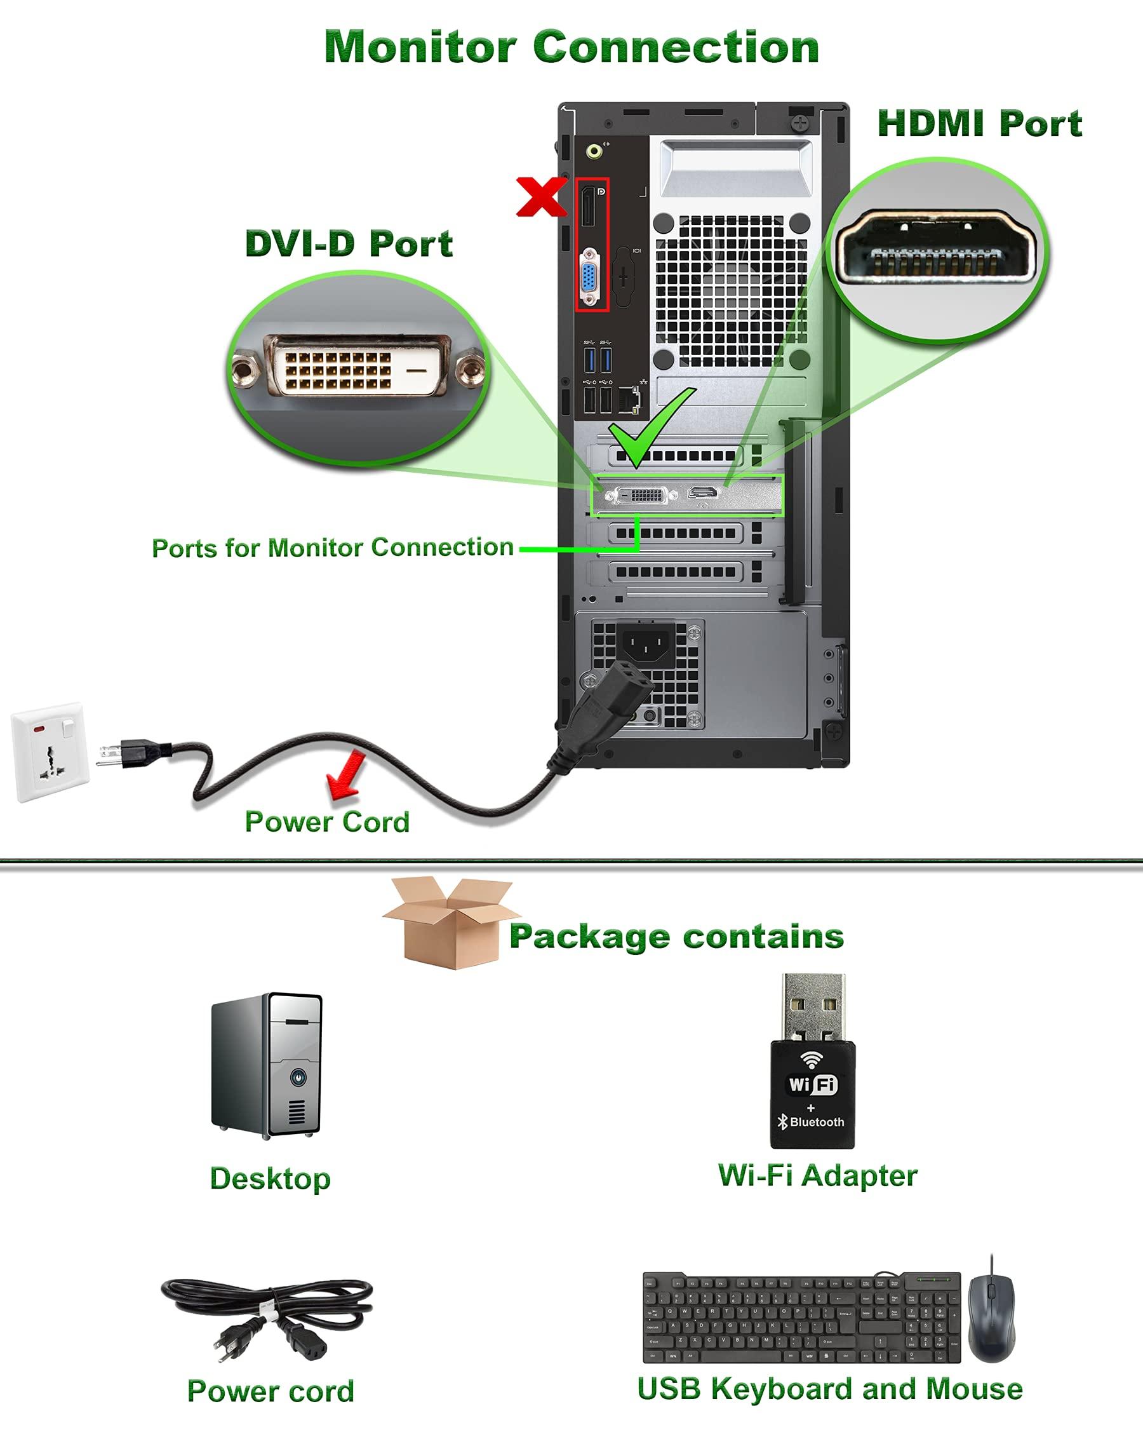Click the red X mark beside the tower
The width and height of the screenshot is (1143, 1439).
540,197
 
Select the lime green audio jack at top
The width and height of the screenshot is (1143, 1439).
594,151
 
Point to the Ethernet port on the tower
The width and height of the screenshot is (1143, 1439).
629,399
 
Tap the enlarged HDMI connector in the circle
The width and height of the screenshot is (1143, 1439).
937,247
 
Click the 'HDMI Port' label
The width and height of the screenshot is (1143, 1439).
979,124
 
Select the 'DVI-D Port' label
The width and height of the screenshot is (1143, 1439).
349,243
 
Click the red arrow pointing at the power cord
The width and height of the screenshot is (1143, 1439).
345,774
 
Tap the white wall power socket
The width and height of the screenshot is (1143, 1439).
50,752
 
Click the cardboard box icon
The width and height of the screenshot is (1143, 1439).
448,923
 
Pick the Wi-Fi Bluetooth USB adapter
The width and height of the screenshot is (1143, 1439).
812,1062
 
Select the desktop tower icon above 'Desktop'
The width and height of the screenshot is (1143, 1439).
267,1067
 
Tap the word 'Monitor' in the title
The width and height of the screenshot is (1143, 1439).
420,48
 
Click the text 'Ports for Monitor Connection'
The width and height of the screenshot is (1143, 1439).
332,548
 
